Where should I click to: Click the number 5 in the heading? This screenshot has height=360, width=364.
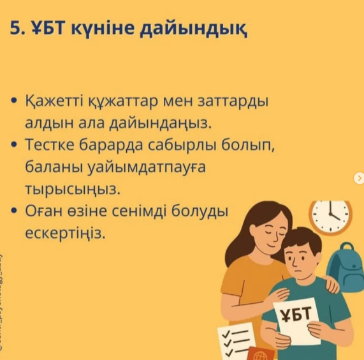click(15, 28)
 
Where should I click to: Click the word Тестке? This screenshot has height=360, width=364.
click(50, 145)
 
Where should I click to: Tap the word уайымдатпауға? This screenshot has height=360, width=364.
click(147, 168)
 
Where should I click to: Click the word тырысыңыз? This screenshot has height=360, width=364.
click(73, 190)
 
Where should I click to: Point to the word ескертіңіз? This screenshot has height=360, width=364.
click(65, 234)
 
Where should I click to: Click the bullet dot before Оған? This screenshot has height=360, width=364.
click(14, 211)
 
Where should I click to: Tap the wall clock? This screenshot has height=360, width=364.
click(330, 217)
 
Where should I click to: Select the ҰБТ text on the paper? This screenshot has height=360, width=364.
click(296, 314)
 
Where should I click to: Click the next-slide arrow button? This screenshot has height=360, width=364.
click(359, 178)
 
